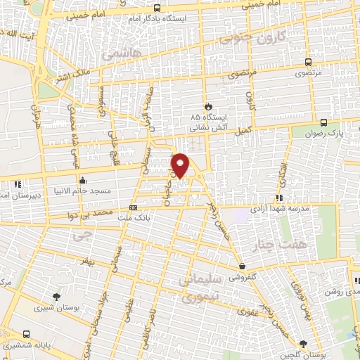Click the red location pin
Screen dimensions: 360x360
coord(181,165)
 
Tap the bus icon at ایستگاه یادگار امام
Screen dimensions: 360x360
coord(157,11)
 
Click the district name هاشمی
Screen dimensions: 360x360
coord(121,53)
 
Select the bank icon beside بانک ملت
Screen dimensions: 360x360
coord(133,207)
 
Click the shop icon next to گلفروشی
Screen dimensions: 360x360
coord(243,266)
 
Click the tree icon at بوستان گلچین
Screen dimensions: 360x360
coord(302,343)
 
